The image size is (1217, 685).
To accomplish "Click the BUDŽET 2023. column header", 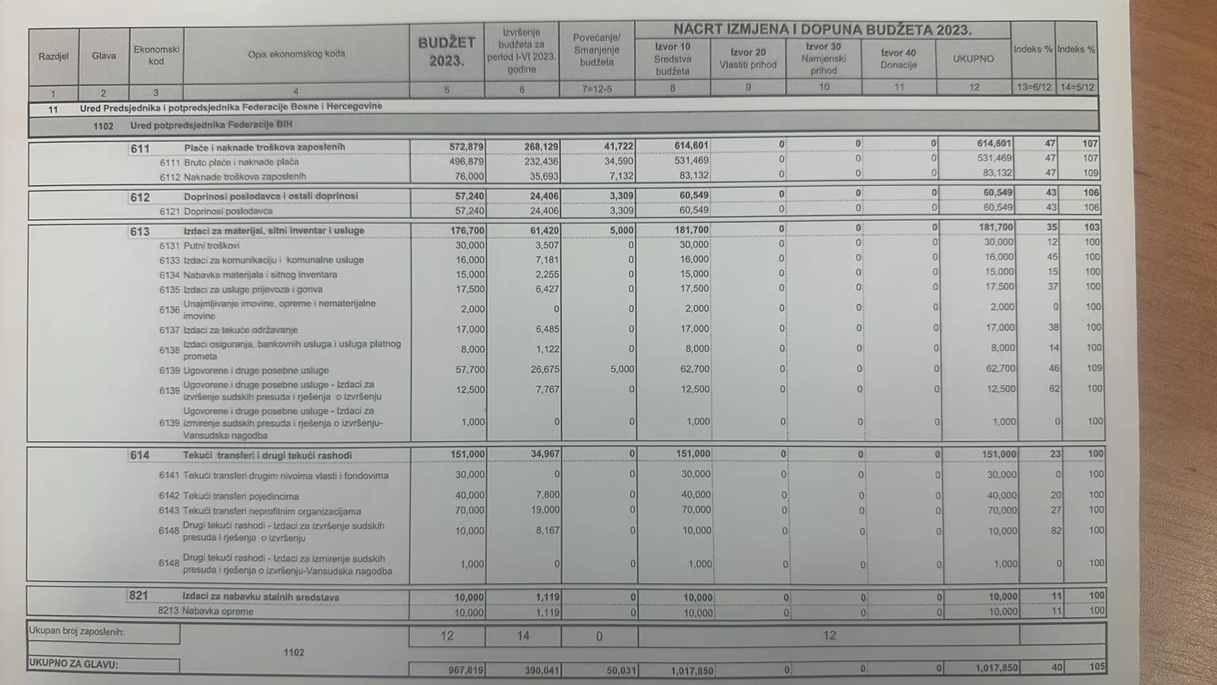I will coord(446,51).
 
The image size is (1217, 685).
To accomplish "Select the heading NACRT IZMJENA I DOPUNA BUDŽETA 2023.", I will coord(822,30).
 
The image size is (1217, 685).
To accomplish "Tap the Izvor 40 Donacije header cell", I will coord(898,59).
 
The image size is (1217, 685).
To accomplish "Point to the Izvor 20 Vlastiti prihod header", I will coord(747,59).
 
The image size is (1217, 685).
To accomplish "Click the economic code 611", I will coord(140,148).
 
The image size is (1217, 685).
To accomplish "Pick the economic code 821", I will coord(139,595).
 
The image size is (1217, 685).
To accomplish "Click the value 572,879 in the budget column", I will coord(466,147).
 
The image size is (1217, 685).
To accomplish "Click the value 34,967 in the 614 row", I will coord(543,454).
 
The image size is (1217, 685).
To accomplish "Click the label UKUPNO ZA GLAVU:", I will coord(73,664).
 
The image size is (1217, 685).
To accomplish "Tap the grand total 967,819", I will coord(466,670).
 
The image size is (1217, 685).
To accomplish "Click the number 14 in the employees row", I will coord(522,636).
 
